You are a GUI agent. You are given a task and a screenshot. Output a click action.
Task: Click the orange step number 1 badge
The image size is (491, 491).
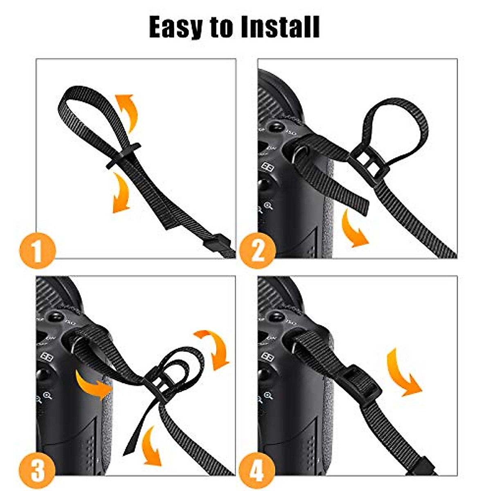37,250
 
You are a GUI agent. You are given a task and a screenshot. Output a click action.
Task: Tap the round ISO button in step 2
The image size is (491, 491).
277,127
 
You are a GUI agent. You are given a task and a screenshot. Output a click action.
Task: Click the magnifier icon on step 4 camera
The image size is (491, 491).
268,396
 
